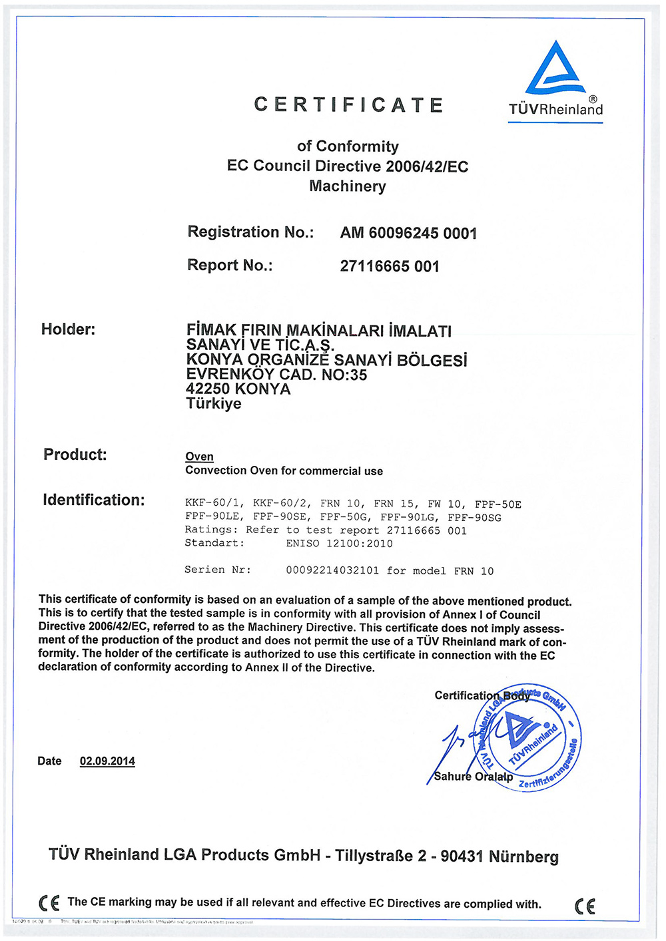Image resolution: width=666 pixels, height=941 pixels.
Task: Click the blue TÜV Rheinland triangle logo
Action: click(555, 69)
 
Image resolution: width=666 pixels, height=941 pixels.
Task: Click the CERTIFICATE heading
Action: click(348, 105)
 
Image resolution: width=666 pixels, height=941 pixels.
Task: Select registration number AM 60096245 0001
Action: click(408, 233)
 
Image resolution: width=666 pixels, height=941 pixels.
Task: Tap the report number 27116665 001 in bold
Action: click(390, 266)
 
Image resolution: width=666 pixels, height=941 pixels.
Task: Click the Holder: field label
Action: click(68, 329)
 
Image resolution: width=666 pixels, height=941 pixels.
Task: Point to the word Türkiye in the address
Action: click(213, 404)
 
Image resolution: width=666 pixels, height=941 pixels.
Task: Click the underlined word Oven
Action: click(199, 457)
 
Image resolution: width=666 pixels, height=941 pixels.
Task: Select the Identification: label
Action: click(93, 500)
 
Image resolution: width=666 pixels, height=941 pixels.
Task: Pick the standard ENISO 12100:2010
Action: click(339, 544)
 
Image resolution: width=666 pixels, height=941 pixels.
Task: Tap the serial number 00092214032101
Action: click(332, 571)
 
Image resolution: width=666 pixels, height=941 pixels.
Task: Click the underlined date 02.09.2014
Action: click(107, 761)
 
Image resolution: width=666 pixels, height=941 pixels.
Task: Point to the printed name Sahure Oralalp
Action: click(473, 777)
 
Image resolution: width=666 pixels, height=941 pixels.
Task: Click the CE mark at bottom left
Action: click(49, 903)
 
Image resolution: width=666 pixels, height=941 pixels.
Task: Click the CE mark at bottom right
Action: click(585, 906)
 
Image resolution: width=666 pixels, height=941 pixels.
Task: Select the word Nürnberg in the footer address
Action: click(523, 856)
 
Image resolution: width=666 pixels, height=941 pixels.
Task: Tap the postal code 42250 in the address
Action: click(208, 389)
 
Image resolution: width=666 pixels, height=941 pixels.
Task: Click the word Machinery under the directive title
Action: click(347, 186)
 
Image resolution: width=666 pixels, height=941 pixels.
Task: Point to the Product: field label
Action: click(75, 455)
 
